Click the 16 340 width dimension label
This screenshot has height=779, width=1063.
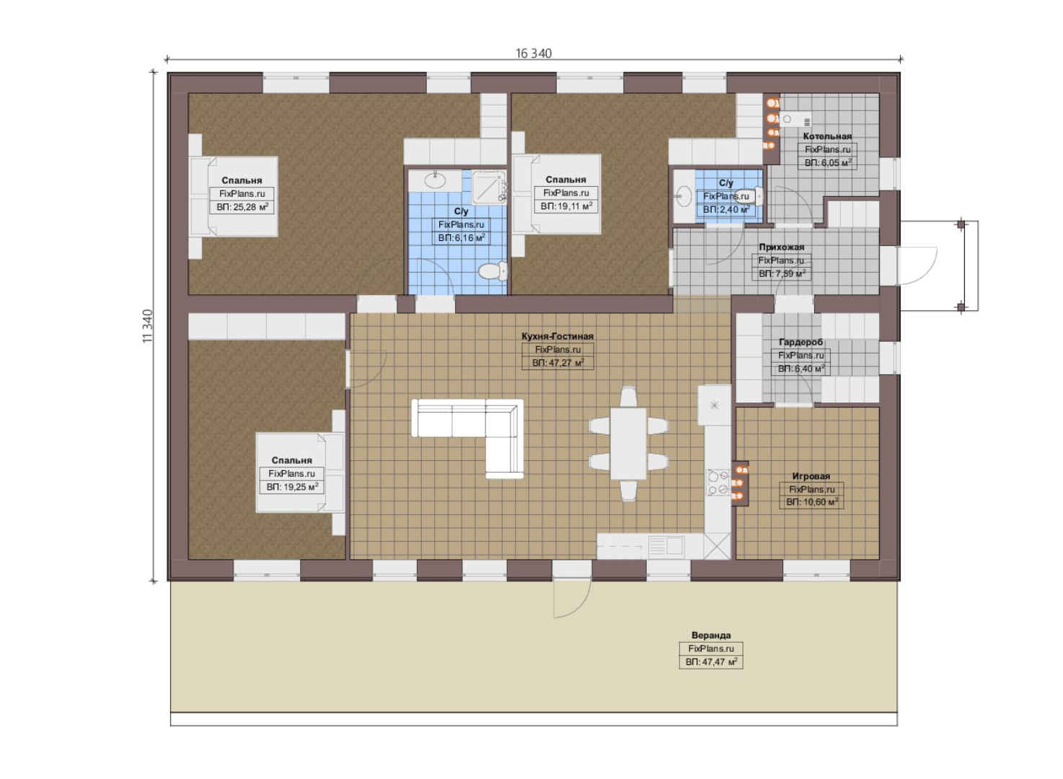[534, 53]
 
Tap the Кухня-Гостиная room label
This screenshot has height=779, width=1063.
[557, 336]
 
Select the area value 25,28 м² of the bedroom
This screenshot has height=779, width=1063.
[242, 207]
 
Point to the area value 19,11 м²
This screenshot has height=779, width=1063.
[566, 206]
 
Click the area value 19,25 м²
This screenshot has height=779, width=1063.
[292, 487]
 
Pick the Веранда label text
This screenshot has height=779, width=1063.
[711, 635]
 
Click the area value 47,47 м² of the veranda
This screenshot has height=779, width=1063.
[711, 661]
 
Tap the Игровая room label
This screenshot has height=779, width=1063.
[811, 476]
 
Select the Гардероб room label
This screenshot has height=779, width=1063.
[801, 343]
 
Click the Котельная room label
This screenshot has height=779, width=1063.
[827, 136]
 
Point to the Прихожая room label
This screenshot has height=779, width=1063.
[781, 247]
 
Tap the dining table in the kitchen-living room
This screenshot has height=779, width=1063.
[628, 444]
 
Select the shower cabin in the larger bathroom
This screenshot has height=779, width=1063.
[489, 187]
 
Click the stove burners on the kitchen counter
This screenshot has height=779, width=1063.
[718, 482]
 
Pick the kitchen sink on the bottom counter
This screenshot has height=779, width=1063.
[666, 545]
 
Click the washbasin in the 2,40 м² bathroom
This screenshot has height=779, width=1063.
[684, 196]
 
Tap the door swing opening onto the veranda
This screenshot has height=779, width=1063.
[573, 599]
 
